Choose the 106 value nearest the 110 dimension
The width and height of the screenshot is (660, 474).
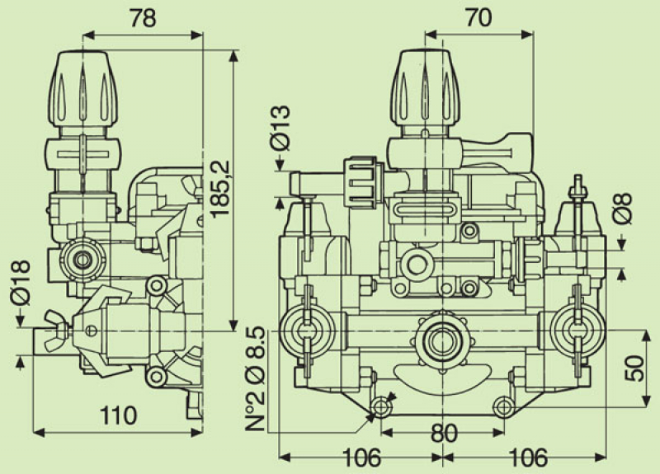pyautogui.click(x=361, y=457)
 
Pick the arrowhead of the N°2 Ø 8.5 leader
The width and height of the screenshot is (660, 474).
pyautogui.click(x=370, y=416)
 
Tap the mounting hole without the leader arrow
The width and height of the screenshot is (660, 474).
pyautogui.click(x=503, y=406)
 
